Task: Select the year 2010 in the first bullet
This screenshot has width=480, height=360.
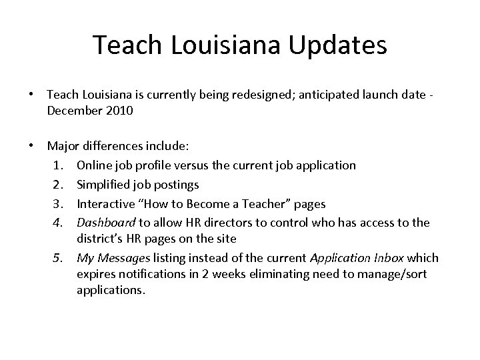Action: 119,111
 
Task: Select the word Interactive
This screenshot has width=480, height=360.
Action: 105,203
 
